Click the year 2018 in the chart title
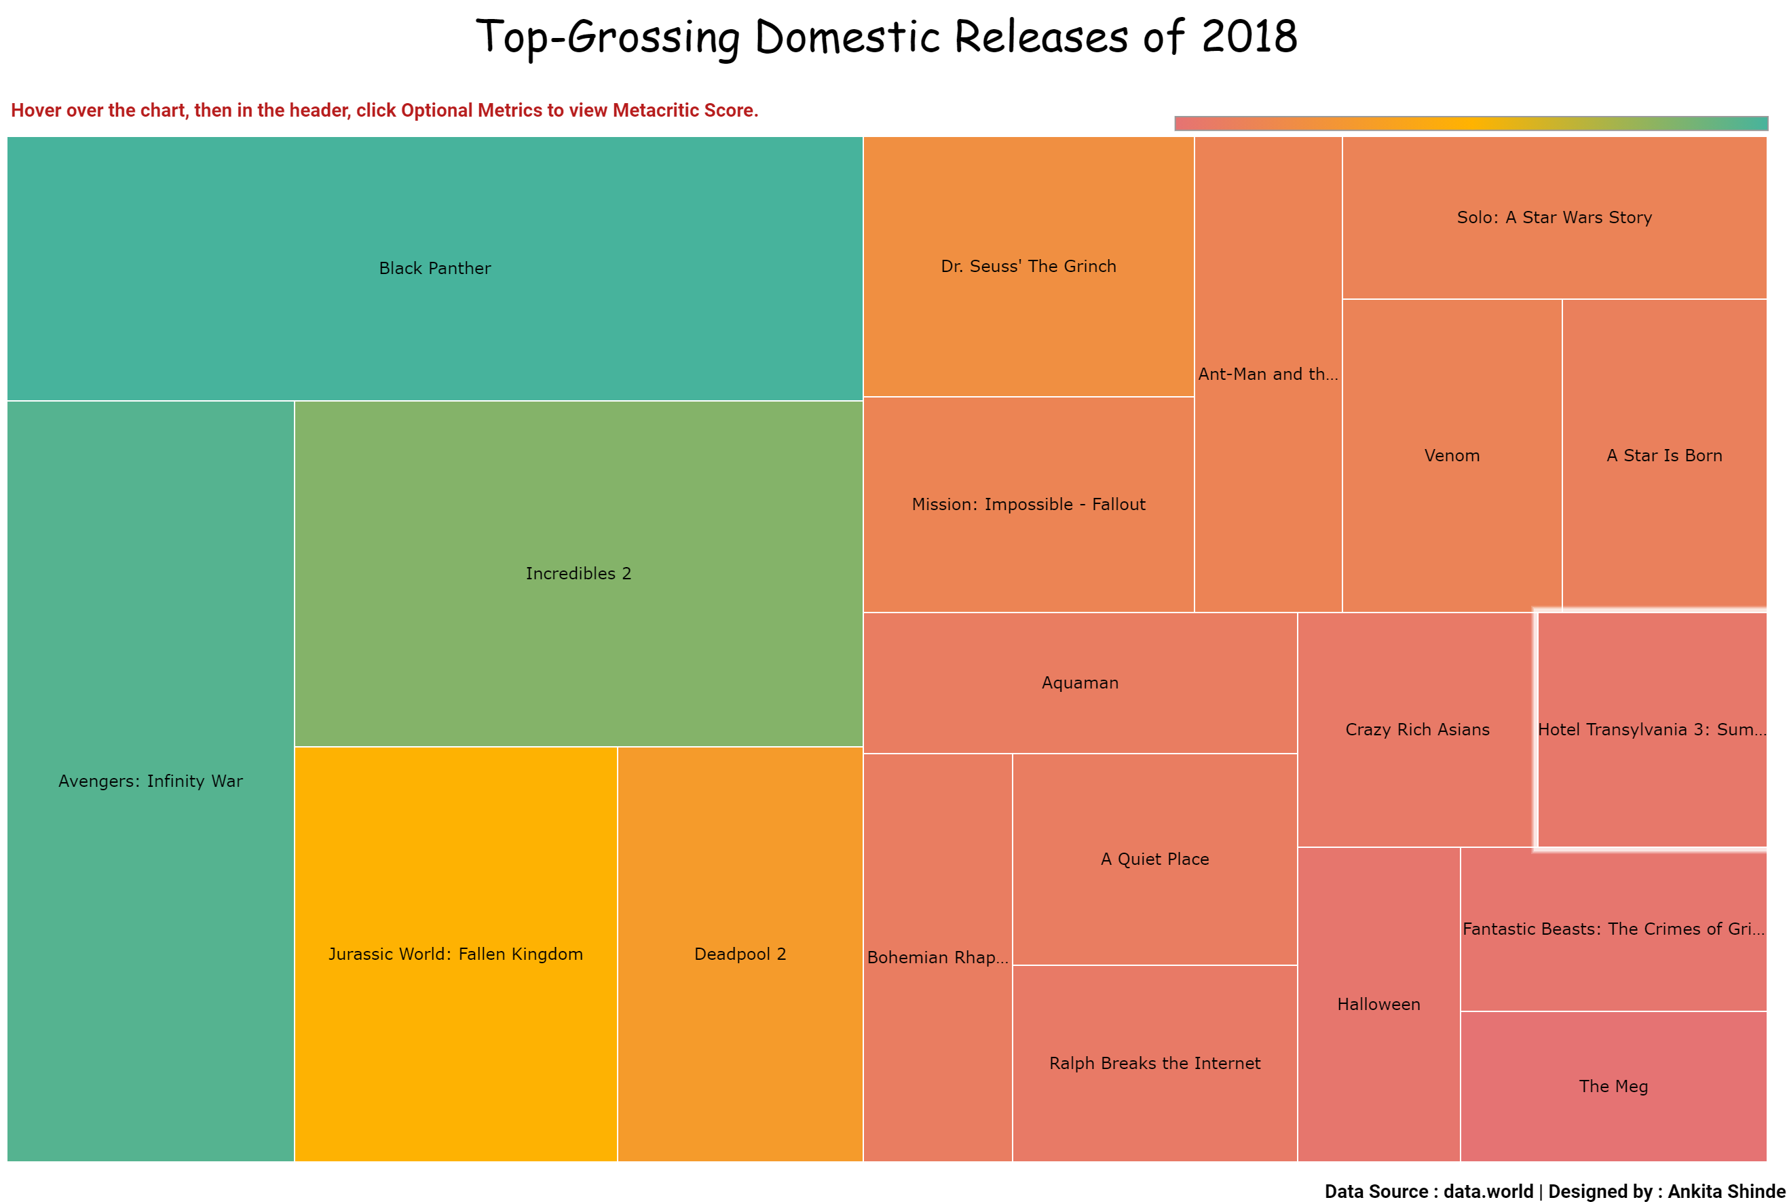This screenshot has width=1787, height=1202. (x=1249, y=36)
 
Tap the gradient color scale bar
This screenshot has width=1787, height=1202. (x=1471, y=123)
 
